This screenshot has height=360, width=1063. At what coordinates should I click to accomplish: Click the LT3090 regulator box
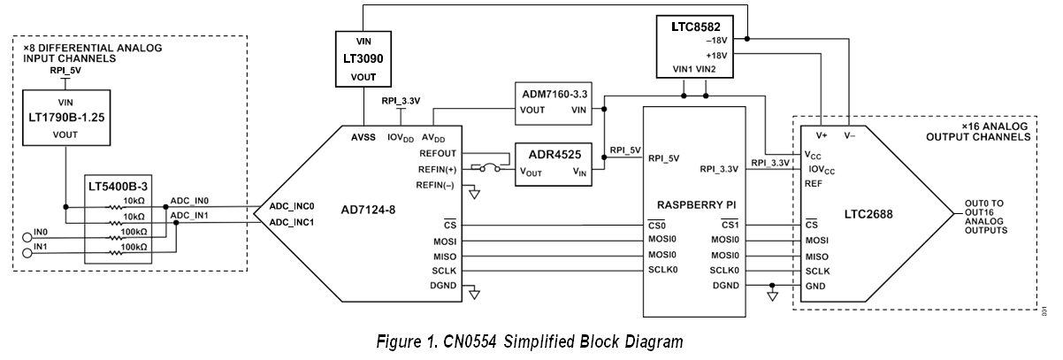363,58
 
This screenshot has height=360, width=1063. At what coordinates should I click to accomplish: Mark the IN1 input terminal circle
26,252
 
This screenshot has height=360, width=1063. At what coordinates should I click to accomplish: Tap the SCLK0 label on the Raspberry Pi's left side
664,270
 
